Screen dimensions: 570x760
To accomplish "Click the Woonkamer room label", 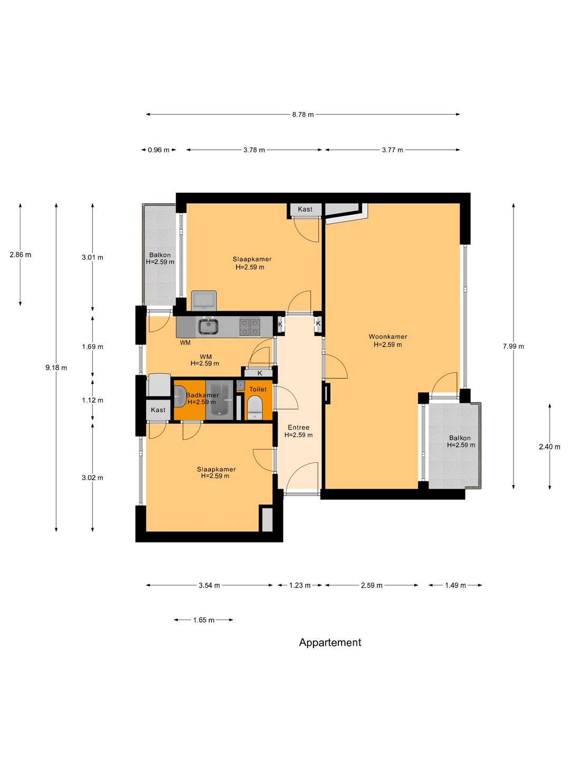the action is point(387,336).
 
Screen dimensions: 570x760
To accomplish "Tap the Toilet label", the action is point(258,389).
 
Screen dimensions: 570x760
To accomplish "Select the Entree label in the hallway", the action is point(298,427).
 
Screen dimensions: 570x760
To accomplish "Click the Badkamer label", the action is point(202,395).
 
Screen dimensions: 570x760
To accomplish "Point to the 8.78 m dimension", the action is point(303,115).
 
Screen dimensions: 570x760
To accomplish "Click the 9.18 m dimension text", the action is point(56,368).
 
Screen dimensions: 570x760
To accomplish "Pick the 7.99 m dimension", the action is point(513,346).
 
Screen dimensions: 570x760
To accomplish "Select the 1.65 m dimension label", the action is point(204,620).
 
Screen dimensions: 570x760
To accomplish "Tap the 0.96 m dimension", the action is point(158,150).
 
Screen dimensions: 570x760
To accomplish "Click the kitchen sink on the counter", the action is point(208,327).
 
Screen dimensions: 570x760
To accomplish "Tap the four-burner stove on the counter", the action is point(250,327).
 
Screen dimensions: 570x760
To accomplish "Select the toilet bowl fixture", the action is point(255,407).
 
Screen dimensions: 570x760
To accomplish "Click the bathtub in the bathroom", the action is point(220,400).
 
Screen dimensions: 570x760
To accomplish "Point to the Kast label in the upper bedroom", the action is point(305,209).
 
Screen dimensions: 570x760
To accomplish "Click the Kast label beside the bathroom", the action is point(158,410).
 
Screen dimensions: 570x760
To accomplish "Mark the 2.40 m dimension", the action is point(549,446).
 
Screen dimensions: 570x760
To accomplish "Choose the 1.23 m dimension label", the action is point(300,585).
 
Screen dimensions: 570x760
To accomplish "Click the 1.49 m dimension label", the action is point(455,585).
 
